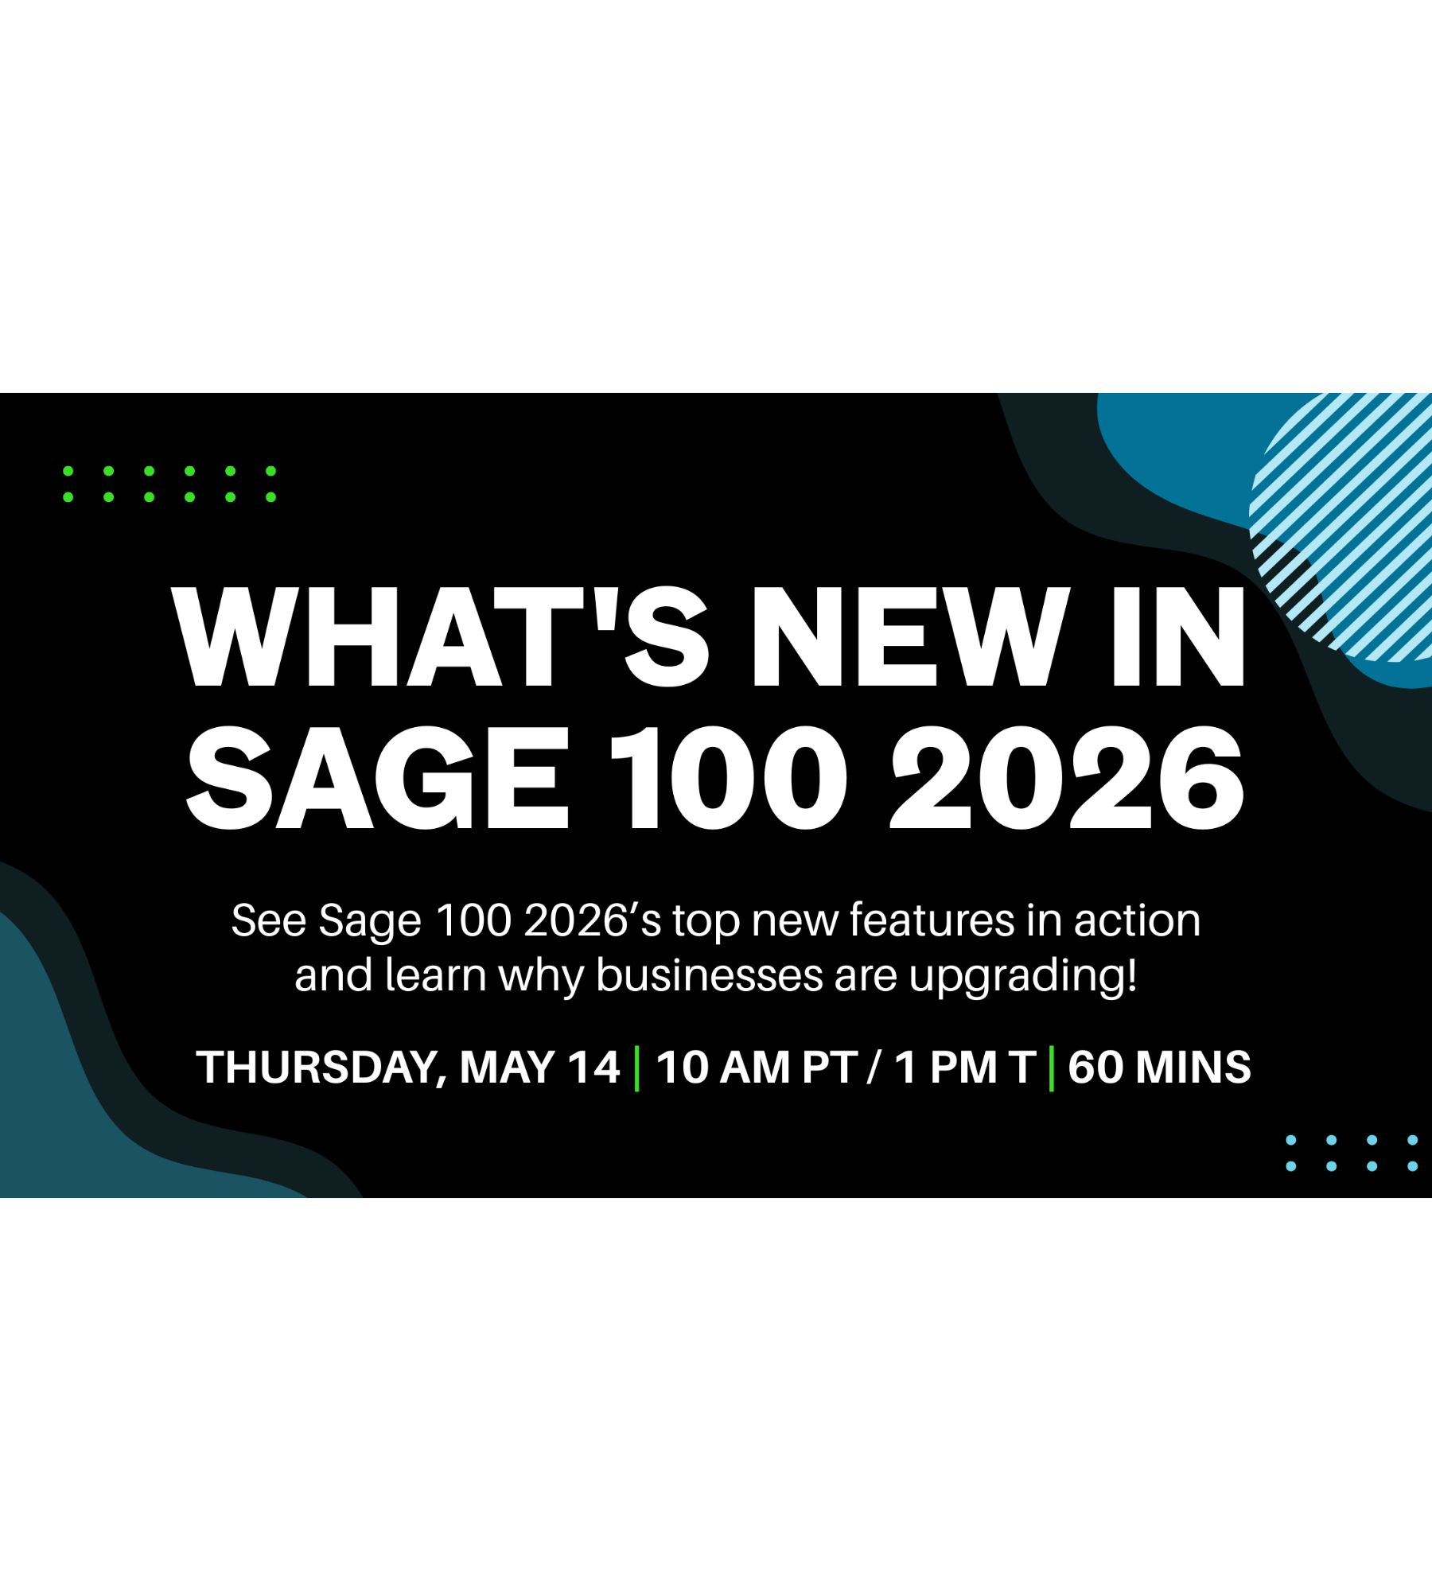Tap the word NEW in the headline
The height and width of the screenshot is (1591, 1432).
[x=911, y=637]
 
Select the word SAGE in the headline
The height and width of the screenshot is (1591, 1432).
[x=379, y=778]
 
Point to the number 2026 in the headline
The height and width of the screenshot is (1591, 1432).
[x=1066, y=778]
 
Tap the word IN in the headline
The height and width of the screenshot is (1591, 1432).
[x=1178, y=637]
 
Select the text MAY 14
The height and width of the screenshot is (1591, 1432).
[x=539, y=1068]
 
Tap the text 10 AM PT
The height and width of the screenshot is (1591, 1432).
[x=757, y=1068]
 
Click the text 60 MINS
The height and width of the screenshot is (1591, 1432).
[x=1159, y=1068]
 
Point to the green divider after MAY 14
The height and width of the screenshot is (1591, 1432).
[x=637, y=1068]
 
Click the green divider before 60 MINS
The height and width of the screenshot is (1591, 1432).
[x=1052, y=1068]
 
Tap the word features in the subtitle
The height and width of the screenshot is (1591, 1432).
[x=932, y=920]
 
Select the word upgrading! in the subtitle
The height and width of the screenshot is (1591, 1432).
[x=1023, y=976]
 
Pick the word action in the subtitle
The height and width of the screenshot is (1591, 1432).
[x=1137, y=920]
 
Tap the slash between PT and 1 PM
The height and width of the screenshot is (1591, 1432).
[x=875, y=1068]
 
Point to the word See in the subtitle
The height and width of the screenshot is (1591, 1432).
[x=268, y=920]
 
